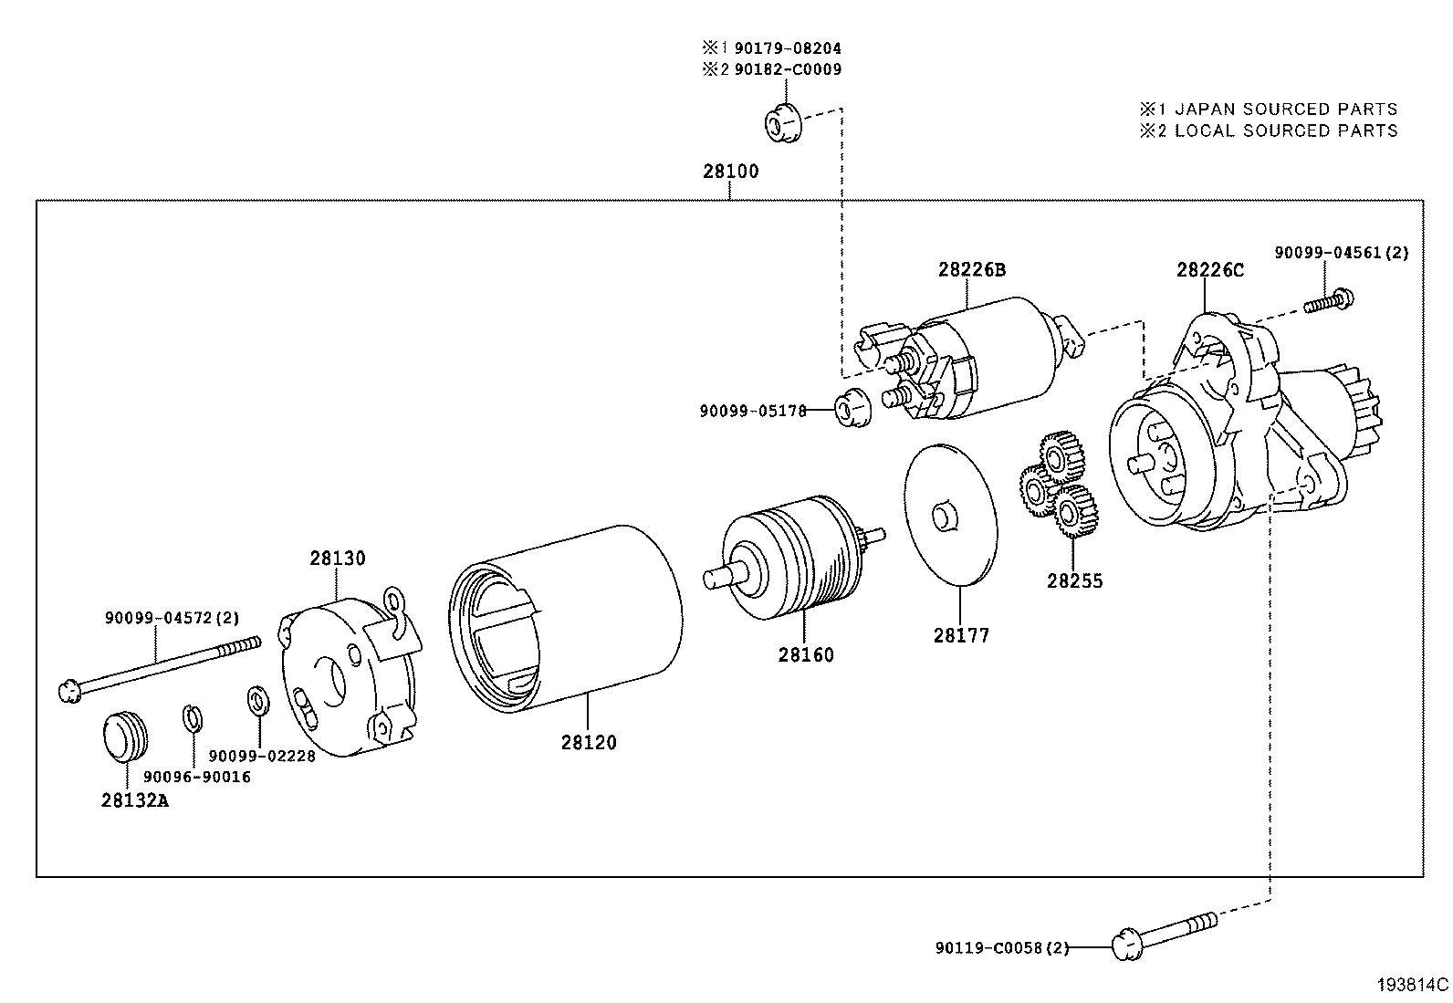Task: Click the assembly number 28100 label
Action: [x=730, y=171]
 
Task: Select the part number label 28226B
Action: [x=971, y=269]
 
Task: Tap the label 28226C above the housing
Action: [x=1209, y=270]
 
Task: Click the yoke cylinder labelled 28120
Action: [x=566, y=621]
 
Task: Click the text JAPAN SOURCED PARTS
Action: [x=1285, y=109]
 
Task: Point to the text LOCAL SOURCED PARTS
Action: [x=1285, y=131]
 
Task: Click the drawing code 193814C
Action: [x=1413, y=985]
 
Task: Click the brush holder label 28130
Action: [x=337, y=558]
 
